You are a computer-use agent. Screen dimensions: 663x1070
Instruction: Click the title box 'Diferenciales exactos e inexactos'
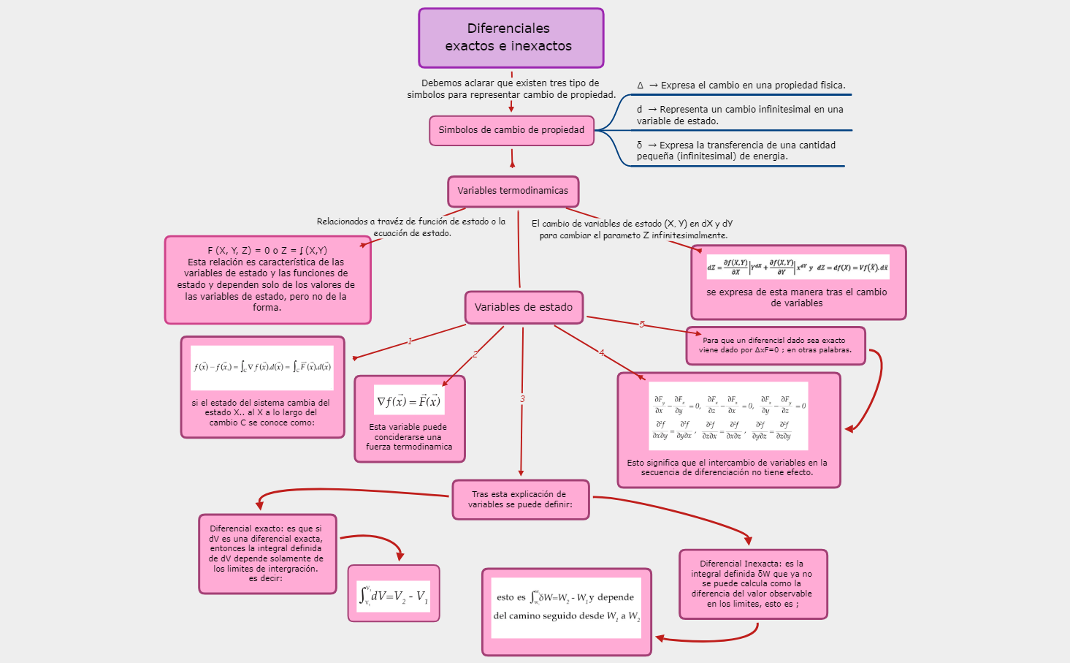(511, 38)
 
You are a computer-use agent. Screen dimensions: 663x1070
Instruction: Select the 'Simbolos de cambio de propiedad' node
(511, 130)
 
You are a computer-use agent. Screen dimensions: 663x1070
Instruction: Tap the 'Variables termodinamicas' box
(513, 191)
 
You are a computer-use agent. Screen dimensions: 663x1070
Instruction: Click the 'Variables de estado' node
(524, 307)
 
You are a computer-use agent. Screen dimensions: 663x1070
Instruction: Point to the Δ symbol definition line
(741, 86)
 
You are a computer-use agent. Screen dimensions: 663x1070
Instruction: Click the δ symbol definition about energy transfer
(735, 151)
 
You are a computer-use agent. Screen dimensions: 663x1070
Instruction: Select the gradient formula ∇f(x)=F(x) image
(409, 401)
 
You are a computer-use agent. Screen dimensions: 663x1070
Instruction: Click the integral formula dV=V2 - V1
(394, 595)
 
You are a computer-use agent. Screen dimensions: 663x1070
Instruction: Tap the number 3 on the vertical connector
(522, 399)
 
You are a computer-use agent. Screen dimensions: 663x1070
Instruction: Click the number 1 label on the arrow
(410, 341)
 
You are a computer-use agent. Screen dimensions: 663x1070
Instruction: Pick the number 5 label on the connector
(642, 325)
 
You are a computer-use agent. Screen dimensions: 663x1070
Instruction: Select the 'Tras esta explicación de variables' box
(520, 499)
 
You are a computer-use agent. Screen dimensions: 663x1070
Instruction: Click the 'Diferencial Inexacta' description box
(752, 583)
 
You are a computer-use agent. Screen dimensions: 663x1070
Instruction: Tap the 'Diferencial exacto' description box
(267, 553)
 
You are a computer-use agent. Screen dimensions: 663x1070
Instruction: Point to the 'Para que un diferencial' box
(775, 345)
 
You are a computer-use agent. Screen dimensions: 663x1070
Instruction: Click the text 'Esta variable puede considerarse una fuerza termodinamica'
(409, 436)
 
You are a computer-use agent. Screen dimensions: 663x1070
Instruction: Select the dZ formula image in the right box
(798, 267)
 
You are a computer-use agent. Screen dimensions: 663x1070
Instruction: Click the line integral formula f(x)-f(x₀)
(262, 367)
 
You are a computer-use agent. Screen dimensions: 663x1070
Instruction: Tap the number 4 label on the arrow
(602, 353)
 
